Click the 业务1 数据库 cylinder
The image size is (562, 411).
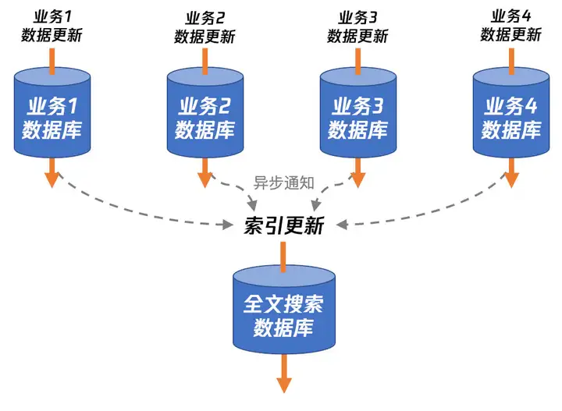[52, 112]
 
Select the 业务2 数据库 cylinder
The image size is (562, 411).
[205, 112]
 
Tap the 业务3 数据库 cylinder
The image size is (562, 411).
[358, 112]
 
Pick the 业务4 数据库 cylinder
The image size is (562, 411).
[511, 112]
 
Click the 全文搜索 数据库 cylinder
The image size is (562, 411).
[284, 310]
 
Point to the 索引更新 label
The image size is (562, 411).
[284, 225]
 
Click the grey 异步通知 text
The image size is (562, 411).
[284, 182]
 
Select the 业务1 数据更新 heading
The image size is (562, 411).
[52, 26]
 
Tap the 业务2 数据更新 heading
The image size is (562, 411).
[205, 27]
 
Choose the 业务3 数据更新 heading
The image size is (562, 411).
[358, 27]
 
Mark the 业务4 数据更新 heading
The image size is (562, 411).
[511, 26]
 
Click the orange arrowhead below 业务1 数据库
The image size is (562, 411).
[52, 179]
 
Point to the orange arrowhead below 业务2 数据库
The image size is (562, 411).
[205, 179]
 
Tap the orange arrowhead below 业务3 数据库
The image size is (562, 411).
[358, 179]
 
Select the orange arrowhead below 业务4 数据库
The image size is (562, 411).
[511, 179]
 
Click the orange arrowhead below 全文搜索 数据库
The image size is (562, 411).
[284, 385]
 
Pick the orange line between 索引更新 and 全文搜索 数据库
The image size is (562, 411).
[283, 257]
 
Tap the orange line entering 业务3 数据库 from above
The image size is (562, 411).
[357, 62]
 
